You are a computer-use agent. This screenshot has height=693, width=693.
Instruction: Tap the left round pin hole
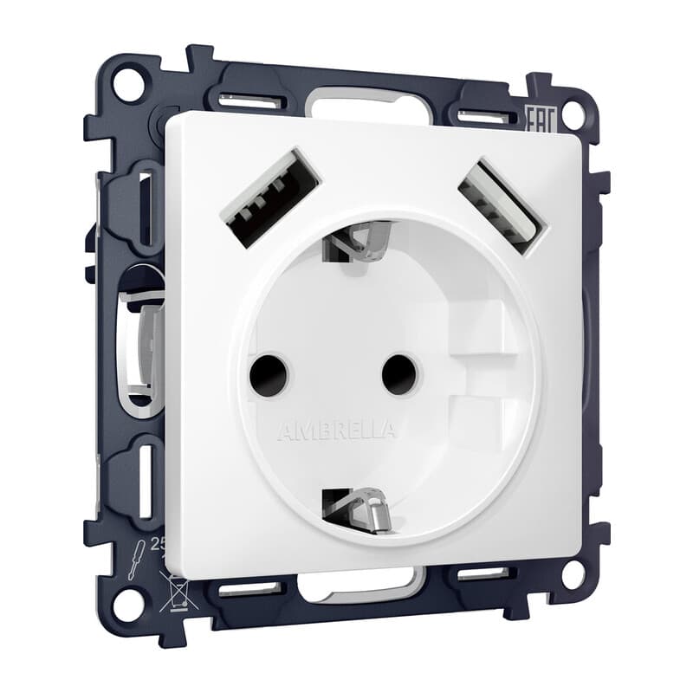click(x=268, y=374)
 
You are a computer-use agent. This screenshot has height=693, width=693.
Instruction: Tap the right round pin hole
click(x=399, y=373)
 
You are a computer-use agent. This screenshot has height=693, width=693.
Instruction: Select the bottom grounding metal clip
click(x=357, y=508)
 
